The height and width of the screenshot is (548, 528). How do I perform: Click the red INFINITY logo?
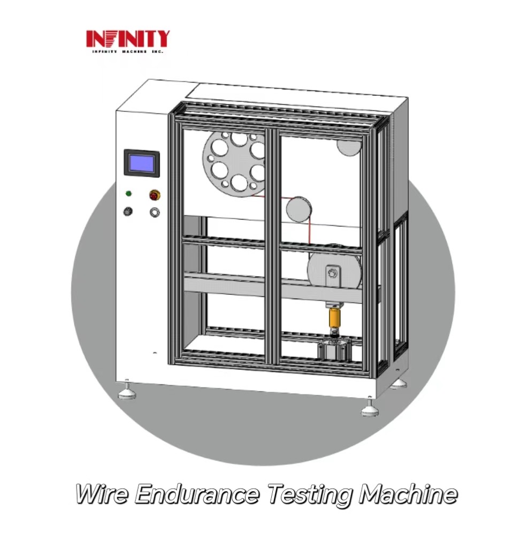pos(128,39)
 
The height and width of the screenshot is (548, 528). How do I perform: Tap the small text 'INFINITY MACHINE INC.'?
pos(128,52)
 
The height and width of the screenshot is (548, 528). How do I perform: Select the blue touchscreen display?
pos(142,163)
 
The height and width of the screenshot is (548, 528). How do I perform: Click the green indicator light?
pos(128,193)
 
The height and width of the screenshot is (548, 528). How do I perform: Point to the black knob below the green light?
pos(128,211)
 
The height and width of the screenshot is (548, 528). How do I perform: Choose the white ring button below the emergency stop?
pos(155,212)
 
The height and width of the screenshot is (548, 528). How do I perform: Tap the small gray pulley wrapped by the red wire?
pos(299,209)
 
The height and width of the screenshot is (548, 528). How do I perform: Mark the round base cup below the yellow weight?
pos(334,349)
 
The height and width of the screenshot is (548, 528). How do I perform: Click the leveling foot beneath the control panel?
pos(127,391)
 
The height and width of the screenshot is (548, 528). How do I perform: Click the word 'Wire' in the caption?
pos(102,494)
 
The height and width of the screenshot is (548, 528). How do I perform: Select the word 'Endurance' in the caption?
pos(197,494)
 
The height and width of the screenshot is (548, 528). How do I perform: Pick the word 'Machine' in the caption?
pos(408,494)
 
